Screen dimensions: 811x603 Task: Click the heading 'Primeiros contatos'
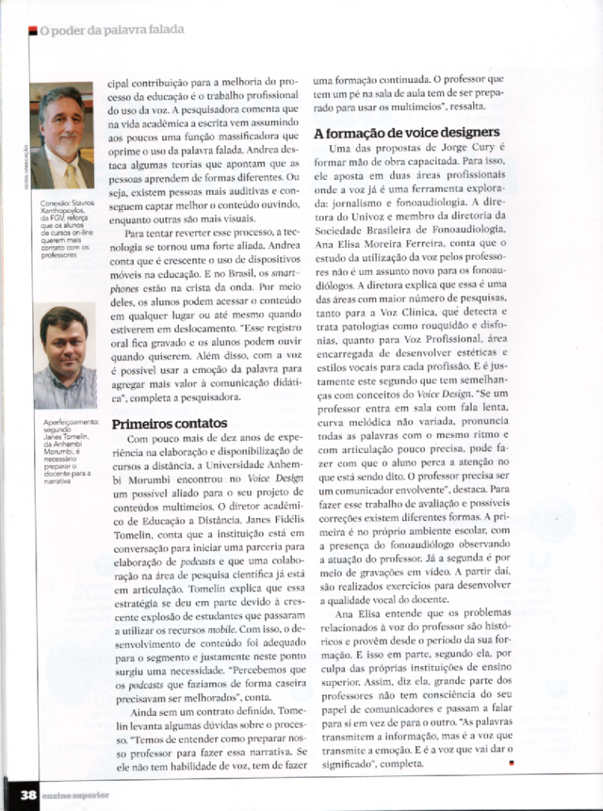169,423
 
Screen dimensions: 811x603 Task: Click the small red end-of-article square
511,763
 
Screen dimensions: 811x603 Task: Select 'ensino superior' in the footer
74,794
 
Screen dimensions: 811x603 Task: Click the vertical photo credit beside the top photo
30,166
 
